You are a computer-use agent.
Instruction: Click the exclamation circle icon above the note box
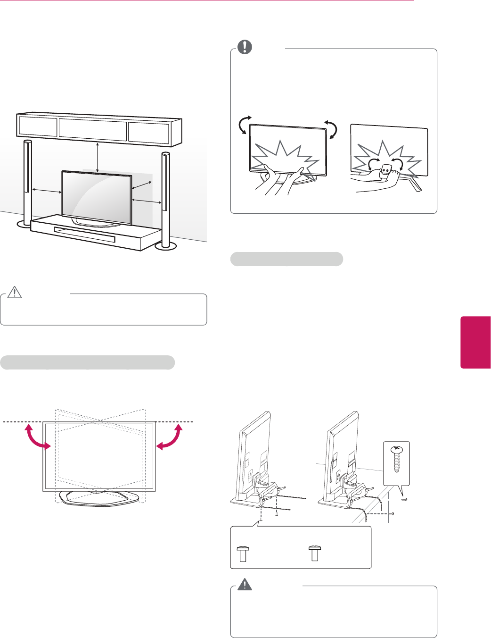pos(245,47)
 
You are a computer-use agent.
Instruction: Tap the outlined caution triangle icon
pos(15,293)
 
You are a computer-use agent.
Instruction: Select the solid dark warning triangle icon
pos(245,585)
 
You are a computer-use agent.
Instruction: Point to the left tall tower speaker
pos(27,182)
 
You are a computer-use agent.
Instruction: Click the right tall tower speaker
pos(165,198)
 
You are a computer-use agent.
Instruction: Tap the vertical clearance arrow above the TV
pos(97,157)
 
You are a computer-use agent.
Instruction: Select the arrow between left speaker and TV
pos(47,191)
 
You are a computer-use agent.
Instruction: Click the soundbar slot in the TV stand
pos(85,235)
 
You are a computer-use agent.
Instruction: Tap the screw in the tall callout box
pos(397,459)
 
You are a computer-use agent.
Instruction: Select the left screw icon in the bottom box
pos(243,553)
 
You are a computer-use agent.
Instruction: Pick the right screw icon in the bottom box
pos(314,553)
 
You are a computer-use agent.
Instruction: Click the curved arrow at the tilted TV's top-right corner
pos(331,129)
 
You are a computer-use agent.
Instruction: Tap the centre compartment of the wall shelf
pos(92,128)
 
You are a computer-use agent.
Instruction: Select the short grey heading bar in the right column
pos(286,259)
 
